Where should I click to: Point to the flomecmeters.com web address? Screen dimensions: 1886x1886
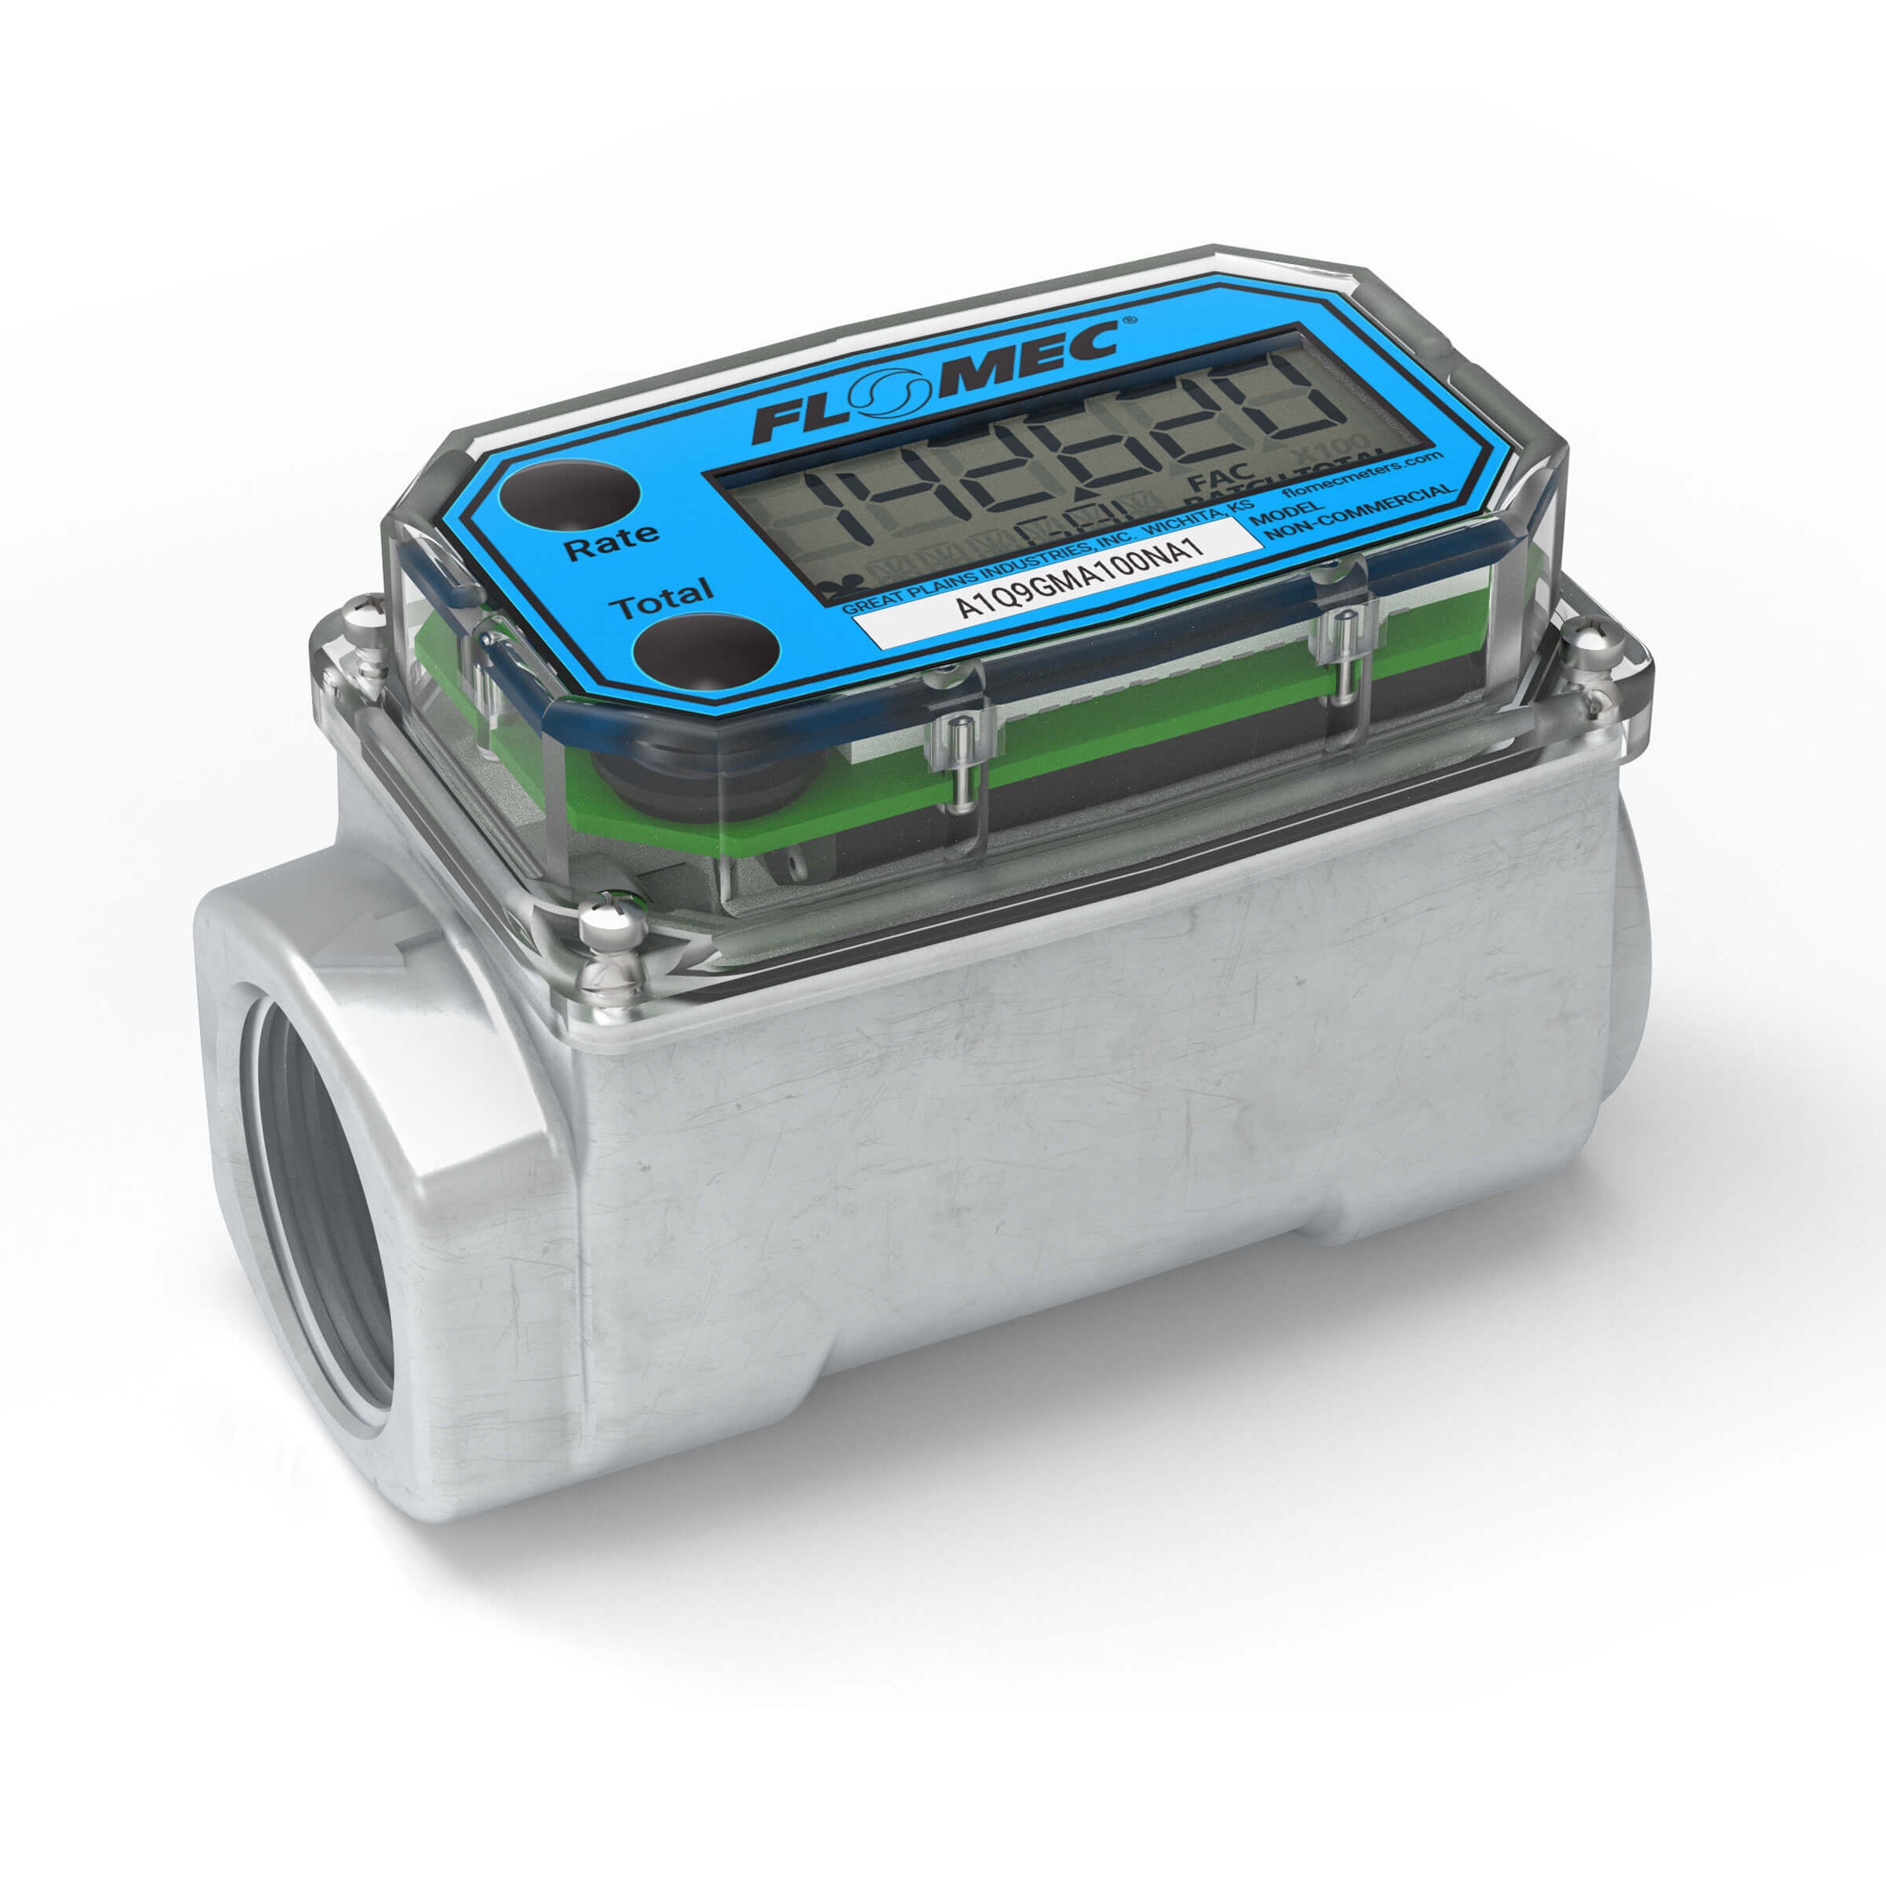(1360, 475)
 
